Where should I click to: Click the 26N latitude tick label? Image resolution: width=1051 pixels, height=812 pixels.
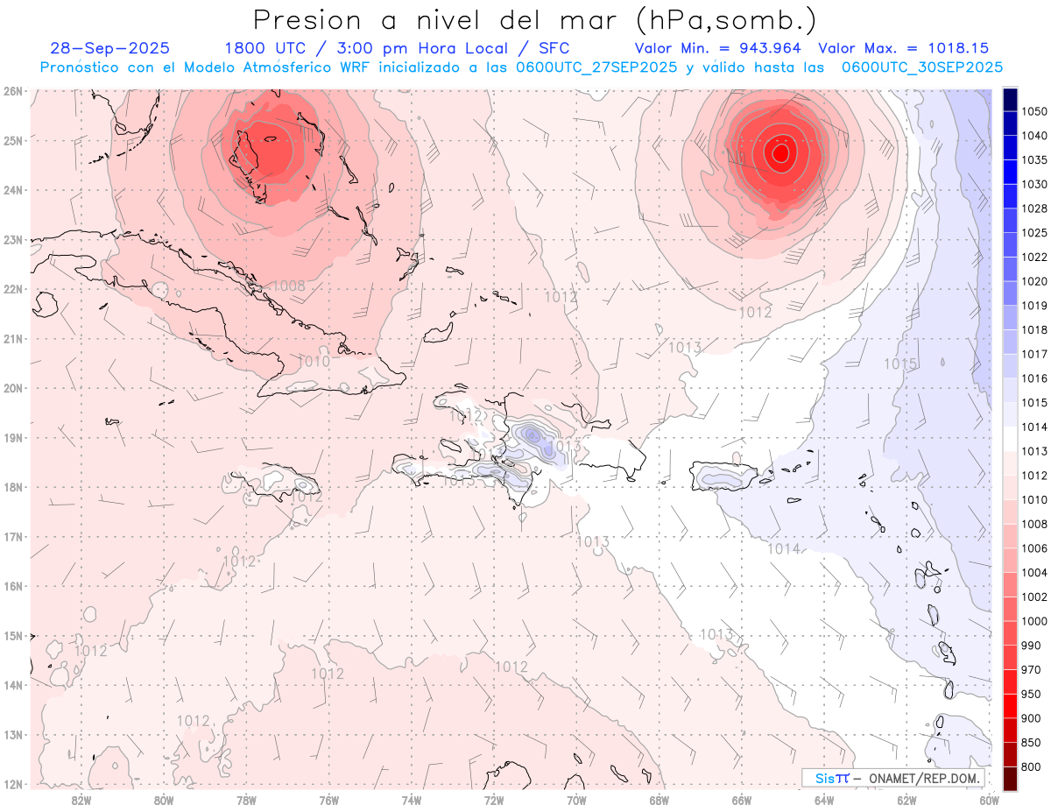tap(12, 90)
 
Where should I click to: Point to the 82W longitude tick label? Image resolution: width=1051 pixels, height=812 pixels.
tap(81, 799)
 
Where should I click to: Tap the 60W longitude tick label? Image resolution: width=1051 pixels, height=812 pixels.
tap(990, 799)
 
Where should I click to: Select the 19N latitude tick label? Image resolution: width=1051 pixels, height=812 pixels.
tap(12, 437)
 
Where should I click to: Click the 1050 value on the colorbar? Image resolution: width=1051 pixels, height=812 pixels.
tap(1034, 111)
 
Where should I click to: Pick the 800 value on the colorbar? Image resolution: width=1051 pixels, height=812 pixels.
tap(1032, 766)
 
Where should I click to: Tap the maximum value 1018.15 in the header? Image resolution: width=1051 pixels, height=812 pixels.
tap(964, 48)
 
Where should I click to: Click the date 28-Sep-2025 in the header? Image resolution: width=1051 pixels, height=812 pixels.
tap(109, 48)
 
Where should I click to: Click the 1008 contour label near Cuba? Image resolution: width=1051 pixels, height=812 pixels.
tap(288, 286)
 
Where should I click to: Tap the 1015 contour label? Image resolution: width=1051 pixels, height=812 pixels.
tap(899, 364)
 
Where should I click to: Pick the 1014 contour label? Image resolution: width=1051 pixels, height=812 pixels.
tap(783, 548)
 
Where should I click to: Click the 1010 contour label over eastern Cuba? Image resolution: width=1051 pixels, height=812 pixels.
tap(314, 361)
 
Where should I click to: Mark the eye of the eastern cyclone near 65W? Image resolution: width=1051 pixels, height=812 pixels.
tap(780, 152)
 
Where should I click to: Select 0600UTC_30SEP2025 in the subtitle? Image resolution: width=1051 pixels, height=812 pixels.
tap(921, 67)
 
